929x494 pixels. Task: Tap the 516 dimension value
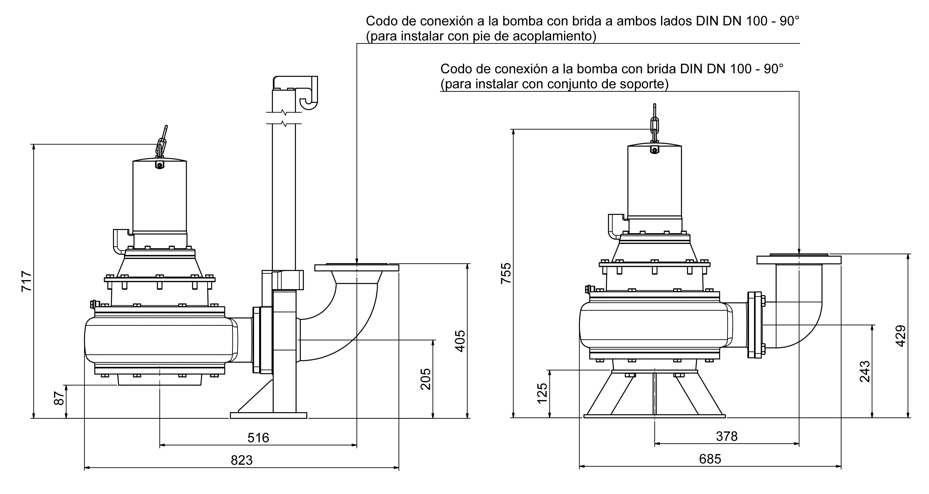(x=258, y=438)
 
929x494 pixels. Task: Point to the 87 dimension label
(x=59, y=398)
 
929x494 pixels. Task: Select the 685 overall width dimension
(x=710, y=459)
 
